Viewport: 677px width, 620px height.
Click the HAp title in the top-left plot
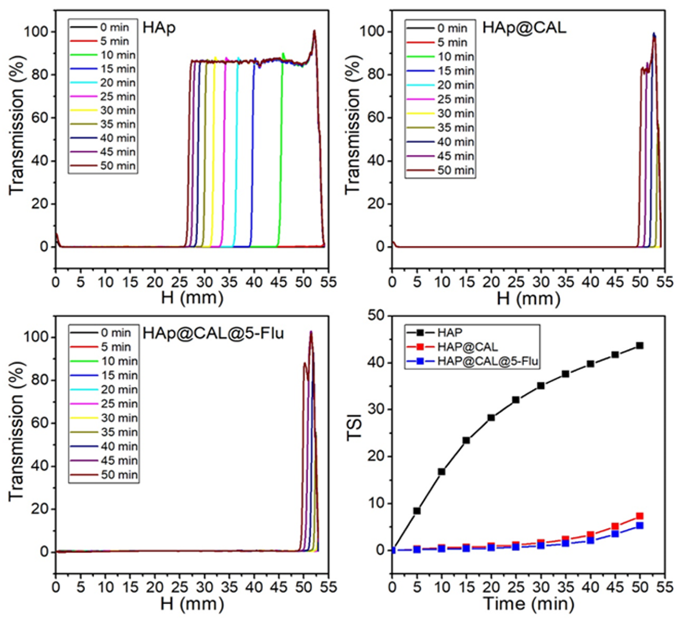pyautogui.click(x=159, y=28)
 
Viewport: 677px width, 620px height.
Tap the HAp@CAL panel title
pyautogui.click(x=524, y=28)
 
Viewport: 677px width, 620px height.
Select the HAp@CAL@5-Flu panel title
pyautogui.click(x=213, y=333)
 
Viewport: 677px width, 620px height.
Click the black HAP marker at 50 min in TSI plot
pyautogui.click(x=640, y=346)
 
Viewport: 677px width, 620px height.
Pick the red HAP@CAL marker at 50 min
pyautogui.click(x=640, y=516)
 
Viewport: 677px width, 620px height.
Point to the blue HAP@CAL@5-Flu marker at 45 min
pyautogui.click(x=615, y=533)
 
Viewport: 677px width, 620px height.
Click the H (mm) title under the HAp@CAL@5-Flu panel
pyautogui.click(x=192, y=604)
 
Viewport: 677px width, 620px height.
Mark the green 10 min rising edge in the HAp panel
pyautogui.click(x=280, y=151)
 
